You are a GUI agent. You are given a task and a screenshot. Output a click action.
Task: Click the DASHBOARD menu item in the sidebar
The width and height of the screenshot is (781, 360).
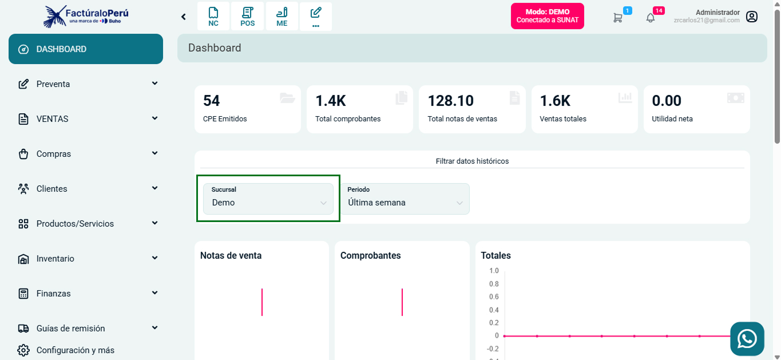86,49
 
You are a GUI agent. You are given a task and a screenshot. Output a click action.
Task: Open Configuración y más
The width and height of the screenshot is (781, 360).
74,350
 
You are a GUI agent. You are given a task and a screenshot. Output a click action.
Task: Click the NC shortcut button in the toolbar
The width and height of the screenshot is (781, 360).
213,17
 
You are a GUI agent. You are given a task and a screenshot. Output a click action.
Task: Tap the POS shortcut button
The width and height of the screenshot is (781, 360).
248,17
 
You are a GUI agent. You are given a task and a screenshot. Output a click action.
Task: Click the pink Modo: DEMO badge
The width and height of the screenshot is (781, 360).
547,16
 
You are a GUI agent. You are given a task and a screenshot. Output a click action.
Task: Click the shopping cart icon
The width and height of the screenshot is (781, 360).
618,18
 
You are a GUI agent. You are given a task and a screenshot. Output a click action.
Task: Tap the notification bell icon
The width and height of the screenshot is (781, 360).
651,18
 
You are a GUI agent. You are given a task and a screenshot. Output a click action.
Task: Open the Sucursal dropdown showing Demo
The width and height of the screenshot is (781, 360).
268,199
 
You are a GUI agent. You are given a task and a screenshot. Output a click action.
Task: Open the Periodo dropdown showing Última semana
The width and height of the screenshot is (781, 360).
405,199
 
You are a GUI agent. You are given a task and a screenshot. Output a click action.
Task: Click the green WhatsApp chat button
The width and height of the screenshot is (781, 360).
747,339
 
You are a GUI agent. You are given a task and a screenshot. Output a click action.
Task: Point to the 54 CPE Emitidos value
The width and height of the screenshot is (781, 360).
212,101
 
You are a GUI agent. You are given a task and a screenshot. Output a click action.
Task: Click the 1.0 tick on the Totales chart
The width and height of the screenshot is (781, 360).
494,271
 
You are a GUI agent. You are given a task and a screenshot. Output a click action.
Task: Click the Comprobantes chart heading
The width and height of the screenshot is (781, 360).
370,256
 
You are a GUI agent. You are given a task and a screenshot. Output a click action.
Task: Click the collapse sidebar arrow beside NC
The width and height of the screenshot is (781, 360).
184,17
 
